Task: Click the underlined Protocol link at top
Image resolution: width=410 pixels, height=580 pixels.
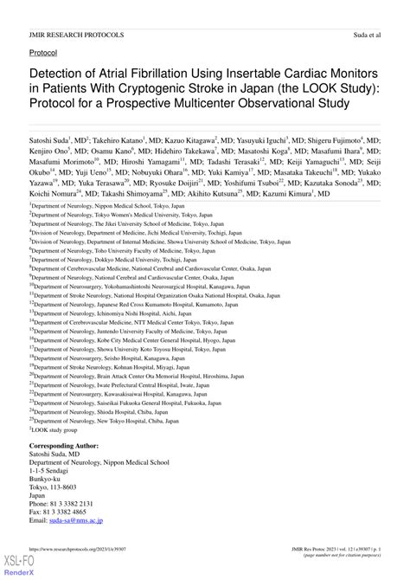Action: coord(43,53)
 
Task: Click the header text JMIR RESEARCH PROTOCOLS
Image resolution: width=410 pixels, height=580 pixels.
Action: coord(76,35)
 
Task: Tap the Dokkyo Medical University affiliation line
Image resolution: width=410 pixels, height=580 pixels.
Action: coord(113,283)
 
